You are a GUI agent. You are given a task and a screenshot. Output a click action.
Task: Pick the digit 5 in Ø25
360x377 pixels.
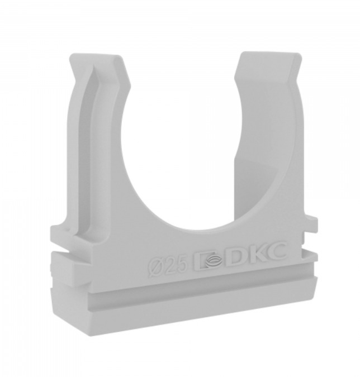[182, 264]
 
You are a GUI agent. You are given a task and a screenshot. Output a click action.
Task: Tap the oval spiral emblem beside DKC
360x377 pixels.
[212, 261]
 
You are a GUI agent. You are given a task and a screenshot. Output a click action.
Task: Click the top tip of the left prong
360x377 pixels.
[95, 56]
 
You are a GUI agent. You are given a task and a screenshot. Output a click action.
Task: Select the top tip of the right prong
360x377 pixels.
[269, 54]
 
